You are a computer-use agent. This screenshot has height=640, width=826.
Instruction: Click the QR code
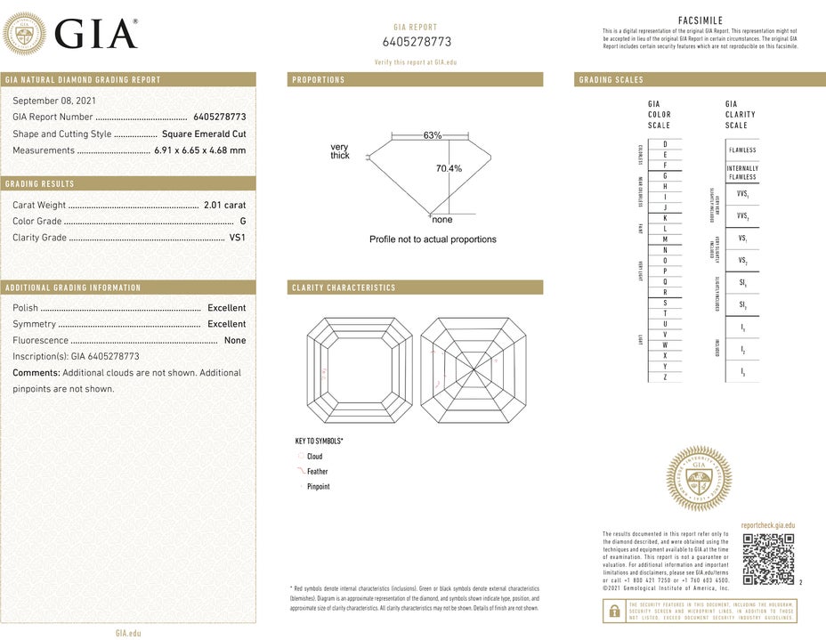pyautogui.click(x=768, y=558)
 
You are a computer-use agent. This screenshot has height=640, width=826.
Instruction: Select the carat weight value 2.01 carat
pyautogui.click(x=224, y=205)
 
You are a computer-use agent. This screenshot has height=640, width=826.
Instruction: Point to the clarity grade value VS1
pyautogui.click(x=237, y=238)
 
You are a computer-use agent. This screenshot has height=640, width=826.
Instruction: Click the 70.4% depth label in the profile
pyautogui.click(x=449, y=168)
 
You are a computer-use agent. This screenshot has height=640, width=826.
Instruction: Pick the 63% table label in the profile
pyautogui.click(x=433, y=135)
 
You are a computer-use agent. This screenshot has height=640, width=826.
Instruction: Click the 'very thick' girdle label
pyautogui.click(x=340, y=151)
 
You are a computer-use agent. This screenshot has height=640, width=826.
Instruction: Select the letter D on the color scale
pyautogui.click(x=665, y=143)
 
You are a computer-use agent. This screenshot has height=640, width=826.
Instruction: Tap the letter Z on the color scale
pyautogui.click(x=665, y=377)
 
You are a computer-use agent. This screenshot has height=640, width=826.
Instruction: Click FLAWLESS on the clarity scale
pyautogui.click(x=742, y=150)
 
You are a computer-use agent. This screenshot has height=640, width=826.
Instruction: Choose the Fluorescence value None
pyautogui.click(x=235, y=340)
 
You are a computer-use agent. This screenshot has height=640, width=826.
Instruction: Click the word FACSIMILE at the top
pyautogui.click(x=700, y=20)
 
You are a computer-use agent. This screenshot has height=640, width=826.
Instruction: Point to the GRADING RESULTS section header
pyautogui.click(x=40, y=184)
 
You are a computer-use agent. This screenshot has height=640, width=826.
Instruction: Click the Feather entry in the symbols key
pyautogui.click(x=317, y=472)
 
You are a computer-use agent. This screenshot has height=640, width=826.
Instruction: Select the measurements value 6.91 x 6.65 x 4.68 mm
pyautogui.click(x=199, y=150)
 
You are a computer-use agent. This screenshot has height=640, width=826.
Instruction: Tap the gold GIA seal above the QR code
pyautogui.click(x=699, y=479)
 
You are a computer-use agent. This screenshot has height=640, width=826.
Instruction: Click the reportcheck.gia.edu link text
pyautogui.click(x=767, y=526)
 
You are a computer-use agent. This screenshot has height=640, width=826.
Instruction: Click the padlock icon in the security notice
pyautogui.click(x=613, y=610)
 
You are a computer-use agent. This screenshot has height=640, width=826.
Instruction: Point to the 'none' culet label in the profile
pyautogui.click(x=441, y=220)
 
